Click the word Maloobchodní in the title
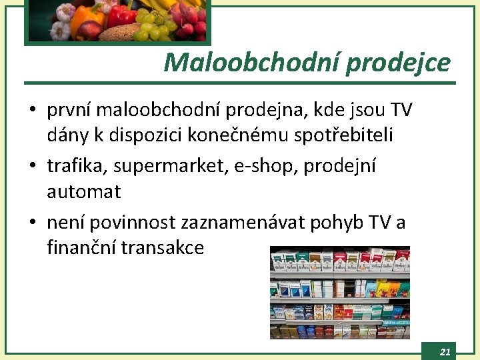pyautogui.click(x=251, y=63)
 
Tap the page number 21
pyautogui.click(x=445, y=351)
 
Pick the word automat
pyautogui.click(x=84, y=192)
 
